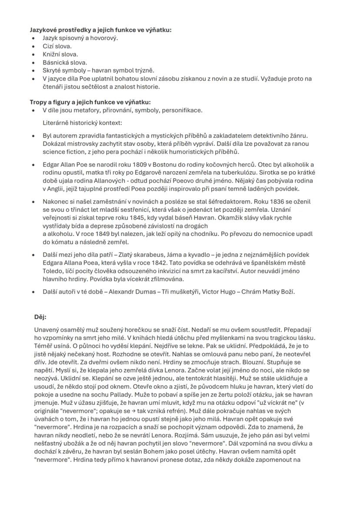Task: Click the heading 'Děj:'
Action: point(40,317)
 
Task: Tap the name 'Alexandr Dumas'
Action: point(129,292)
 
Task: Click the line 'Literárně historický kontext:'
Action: point(82,123)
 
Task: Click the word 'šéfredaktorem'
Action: point(234,202)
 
